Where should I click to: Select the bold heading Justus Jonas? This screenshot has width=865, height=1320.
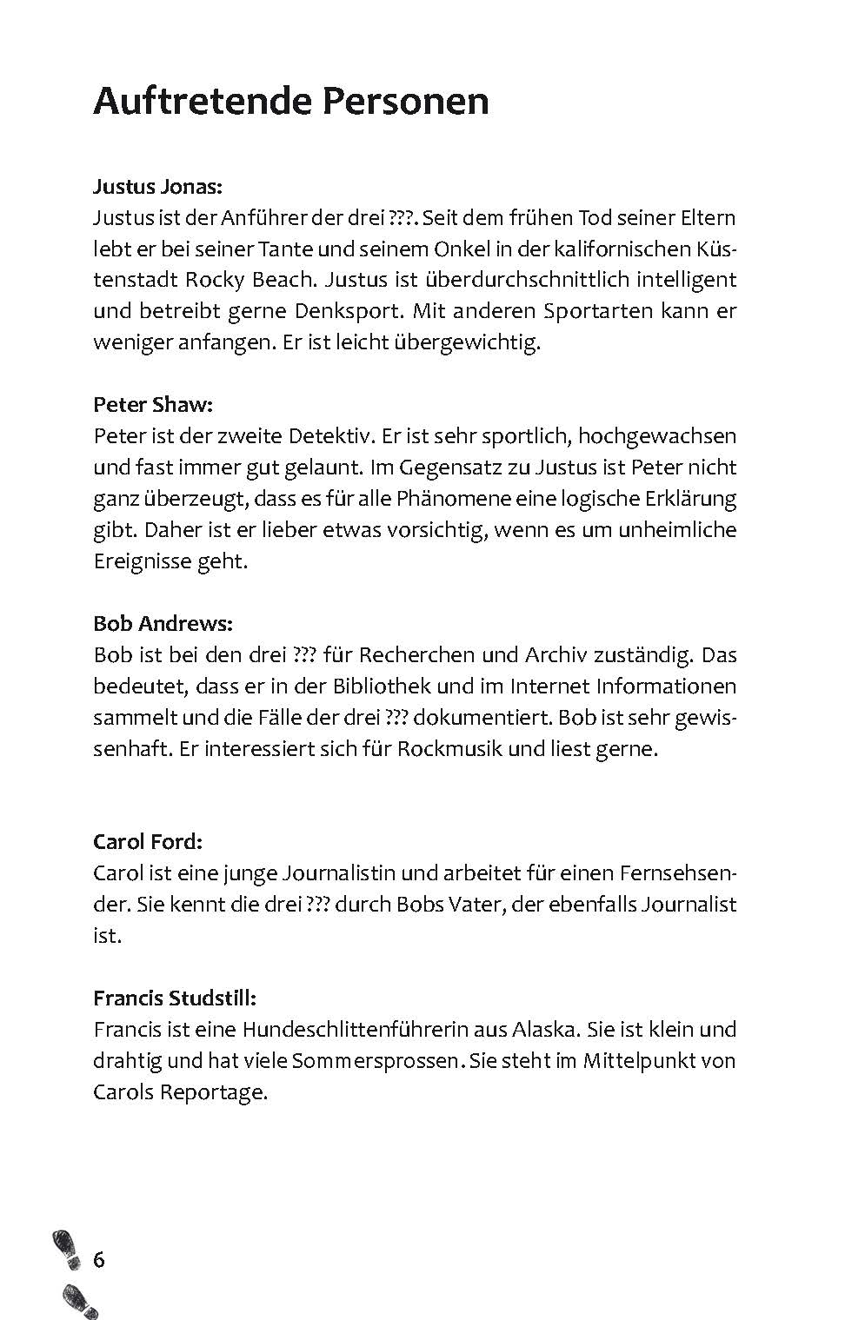coord(157,186)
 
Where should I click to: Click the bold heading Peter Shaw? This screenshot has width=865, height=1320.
coord(152,405)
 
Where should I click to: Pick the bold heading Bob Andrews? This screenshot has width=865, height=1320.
coord(163,623)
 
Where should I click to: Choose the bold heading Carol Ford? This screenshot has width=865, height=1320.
coord(148,841)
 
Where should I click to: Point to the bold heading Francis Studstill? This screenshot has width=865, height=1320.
coord(174,998)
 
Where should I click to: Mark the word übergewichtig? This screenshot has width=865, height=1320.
coord(468,342)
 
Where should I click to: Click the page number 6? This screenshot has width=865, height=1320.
coord(98,1259)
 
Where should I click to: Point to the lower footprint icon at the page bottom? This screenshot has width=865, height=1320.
coord(80,1301)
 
